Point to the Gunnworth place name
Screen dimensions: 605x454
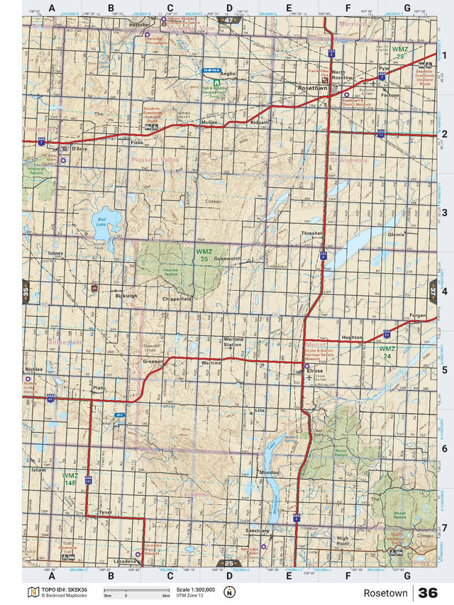coord(228,259)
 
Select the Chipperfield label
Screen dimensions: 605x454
coord(177,299)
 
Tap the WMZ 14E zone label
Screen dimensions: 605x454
coord(70,479)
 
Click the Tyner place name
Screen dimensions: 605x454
coord(106,511)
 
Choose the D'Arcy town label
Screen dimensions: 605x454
coord(79,149)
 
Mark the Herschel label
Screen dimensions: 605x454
coord(139,23)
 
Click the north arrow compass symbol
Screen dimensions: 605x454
coord(229,592)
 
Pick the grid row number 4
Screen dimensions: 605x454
coord(443,292)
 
